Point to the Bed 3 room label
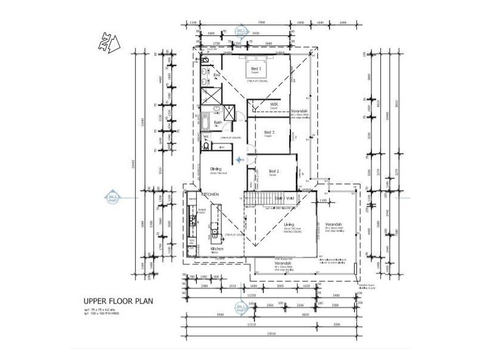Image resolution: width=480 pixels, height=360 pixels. (x=269, y=133)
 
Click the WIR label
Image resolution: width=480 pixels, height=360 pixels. (x=274, y=104)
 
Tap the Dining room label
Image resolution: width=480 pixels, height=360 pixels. (x=216, y=169)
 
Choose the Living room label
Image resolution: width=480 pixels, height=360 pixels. (x=289, y=225)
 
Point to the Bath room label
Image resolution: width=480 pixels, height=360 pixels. (x=218, y=122)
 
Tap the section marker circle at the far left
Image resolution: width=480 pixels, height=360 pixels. (x=112, y=197)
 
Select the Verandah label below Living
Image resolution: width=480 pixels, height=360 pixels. (x=283, y=263)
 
